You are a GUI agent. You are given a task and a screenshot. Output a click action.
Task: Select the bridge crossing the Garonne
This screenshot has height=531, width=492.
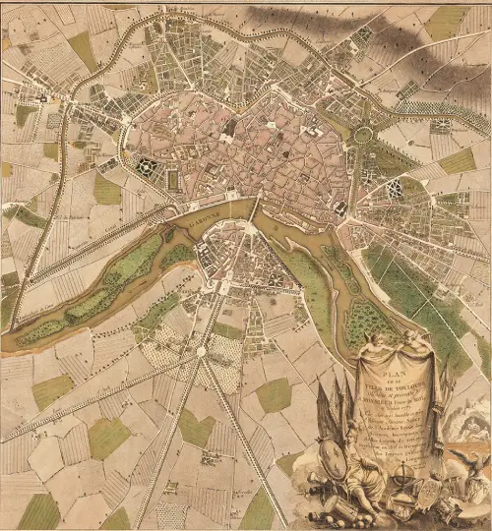tap(255, 207)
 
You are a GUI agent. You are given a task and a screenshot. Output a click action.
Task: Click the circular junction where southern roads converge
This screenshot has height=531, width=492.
tap(201, 351)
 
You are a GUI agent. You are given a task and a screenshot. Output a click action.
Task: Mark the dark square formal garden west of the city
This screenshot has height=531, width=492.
tap(148, 166)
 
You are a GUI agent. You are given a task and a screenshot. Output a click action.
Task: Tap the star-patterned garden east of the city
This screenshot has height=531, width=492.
tap(393, 190)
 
